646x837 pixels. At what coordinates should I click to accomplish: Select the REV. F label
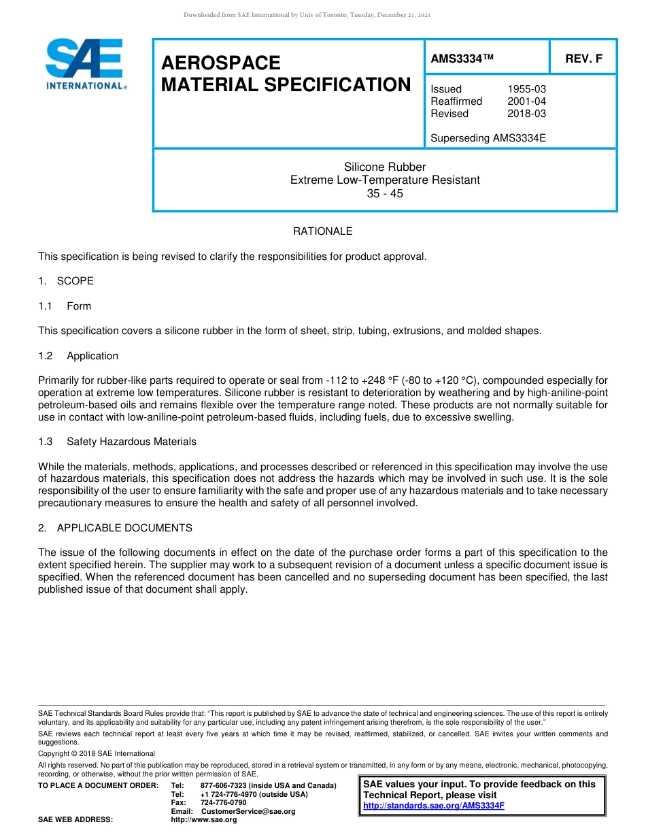[583, 59]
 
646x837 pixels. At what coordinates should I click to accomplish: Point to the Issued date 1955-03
[526, 89]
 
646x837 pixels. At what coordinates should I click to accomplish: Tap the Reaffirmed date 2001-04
[526, 101]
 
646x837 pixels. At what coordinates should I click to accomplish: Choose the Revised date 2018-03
[526, 114]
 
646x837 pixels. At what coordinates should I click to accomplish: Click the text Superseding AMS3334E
[488, 138]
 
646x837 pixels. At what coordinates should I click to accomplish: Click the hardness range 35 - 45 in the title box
[385, 193]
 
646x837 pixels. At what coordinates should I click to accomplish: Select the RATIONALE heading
[322, 231]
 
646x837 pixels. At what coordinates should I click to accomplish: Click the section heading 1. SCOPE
[66, 281]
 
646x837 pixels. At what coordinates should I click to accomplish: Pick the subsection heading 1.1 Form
[65, 306]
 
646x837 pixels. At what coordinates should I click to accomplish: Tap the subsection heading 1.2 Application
[78, 356]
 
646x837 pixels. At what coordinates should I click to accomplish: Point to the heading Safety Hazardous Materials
[131, 442]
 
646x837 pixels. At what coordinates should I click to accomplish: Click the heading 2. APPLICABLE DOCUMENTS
[115, 528]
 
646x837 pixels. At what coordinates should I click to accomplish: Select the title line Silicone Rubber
[385, 167]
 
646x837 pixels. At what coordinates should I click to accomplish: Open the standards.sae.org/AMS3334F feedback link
[433, 806]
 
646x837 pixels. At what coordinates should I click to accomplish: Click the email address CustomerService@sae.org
[248, 811]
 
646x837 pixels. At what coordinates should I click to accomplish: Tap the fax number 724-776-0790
[223, 803]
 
